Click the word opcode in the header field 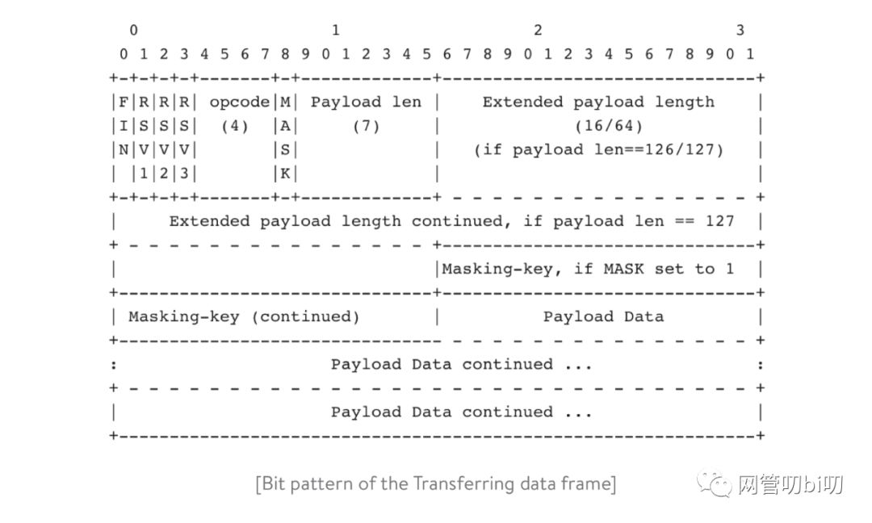239,102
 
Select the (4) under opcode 234,126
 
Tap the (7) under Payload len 366,126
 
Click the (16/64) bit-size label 597,126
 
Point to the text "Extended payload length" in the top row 598,102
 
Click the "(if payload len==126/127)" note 598,149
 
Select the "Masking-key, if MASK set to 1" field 588,269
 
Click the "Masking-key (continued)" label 244,316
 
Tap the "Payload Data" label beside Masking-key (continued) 603,316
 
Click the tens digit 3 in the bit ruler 740,31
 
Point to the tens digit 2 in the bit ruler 538,31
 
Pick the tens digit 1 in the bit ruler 335,31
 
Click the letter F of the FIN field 124,102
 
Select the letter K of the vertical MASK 285,173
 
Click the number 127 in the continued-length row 719,221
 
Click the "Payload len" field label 366,102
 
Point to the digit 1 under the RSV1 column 144,173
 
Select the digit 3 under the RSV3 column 184,173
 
